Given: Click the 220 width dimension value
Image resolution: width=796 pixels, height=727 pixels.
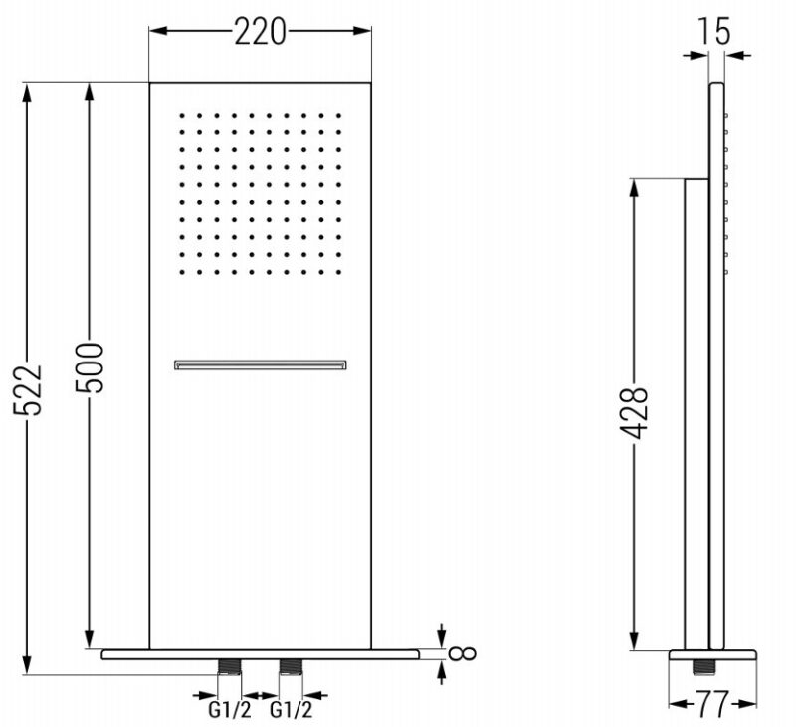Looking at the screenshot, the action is click(x=260, y=33).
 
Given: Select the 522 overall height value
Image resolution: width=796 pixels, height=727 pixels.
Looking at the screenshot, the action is click(x=28, y=389).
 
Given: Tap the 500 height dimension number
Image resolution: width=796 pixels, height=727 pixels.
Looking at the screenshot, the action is click(x=90, y=367).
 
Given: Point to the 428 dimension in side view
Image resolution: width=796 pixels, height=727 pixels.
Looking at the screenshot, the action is click(x=634, y=413).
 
